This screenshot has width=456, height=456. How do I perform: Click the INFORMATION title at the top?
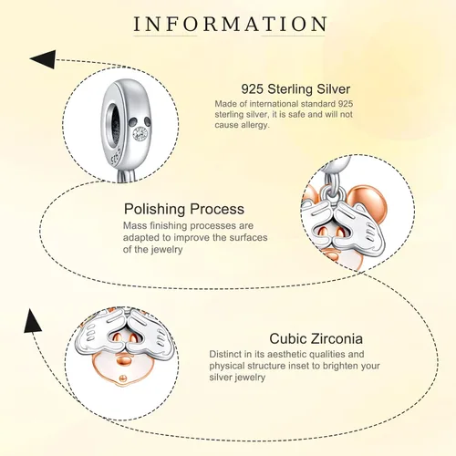tap(230, 24)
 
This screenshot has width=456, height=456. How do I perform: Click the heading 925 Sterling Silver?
tap(295, 89)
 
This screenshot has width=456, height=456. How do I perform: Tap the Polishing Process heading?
tap(184, 209)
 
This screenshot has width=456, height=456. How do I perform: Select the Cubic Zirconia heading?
tap(316, 338)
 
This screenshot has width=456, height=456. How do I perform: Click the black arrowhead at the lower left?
tap(32, 321)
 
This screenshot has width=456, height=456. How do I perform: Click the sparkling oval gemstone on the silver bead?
tap(140, 134)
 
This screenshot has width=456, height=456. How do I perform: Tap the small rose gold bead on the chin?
tap(122, 378)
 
